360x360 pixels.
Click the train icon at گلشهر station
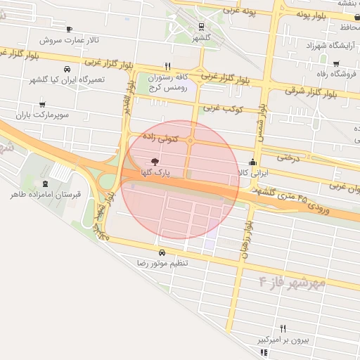[x=202, y=27]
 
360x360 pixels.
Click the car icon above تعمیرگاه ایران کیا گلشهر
[x=66, y=70]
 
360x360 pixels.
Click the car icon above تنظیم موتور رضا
[x=162, y=252]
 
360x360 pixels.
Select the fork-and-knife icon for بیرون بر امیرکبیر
[x=283, y=328]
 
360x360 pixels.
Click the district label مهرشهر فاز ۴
[x=292, y=283]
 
